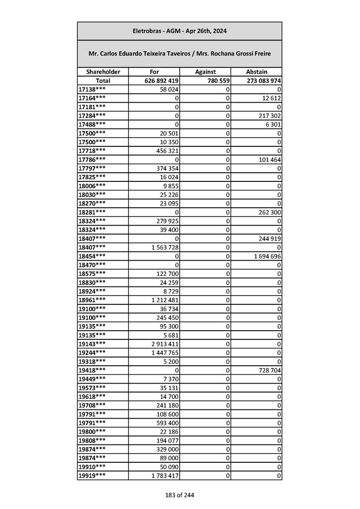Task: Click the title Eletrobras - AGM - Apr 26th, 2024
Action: (179, 31)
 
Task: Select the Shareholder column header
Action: (103, 72)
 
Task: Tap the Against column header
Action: (205, 72)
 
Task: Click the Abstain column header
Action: (256, 72)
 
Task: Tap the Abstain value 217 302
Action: (269, 116)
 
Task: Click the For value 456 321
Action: (166, 151)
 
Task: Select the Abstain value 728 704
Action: (269, 370)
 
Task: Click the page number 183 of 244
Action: (179, 495)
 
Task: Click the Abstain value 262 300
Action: (269, 212)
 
